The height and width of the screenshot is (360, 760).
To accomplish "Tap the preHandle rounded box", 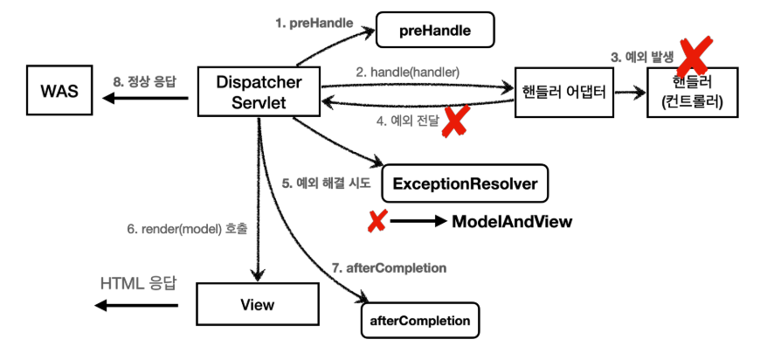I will click(x=435, y=31).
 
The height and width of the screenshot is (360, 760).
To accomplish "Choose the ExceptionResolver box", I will click(x=465, y=184).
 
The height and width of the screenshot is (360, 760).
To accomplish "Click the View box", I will click(x=256, y=305).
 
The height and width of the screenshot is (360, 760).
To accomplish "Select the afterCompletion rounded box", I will click(x=420, y=320).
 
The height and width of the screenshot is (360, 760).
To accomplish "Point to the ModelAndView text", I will click(x=512, y=222).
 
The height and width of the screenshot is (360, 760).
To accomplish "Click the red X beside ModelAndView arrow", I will click(x=377, y=222).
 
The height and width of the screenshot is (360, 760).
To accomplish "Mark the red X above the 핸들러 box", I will click(x=692, y=56).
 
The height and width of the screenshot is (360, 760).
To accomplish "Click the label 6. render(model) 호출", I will click(x=187, y=230).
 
